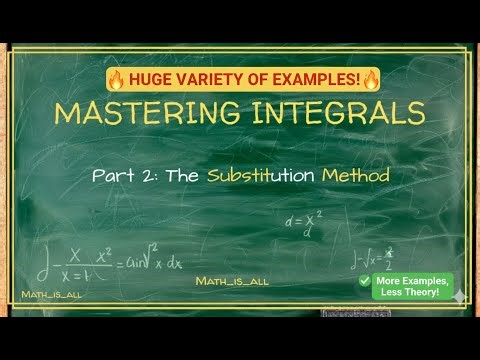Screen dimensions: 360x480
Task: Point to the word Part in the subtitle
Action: tap(113, 175)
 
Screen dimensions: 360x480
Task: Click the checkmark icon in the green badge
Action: tap(366, 282)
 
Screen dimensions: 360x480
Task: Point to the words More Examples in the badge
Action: tap(412, 280)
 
